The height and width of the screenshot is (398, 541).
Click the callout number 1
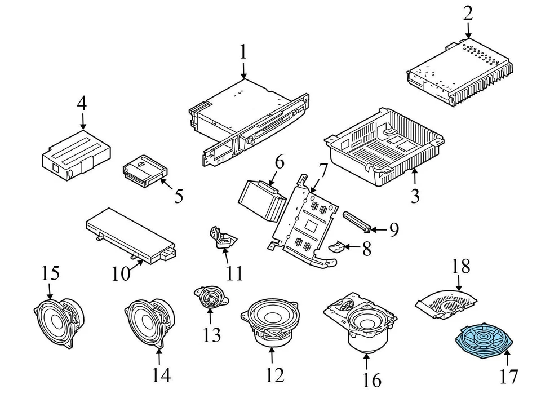[243, 52]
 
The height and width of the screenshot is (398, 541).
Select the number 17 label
[509, 375]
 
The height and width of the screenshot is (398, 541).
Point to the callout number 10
[121, 274]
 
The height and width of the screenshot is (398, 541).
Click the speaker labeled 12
[272, 322]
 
